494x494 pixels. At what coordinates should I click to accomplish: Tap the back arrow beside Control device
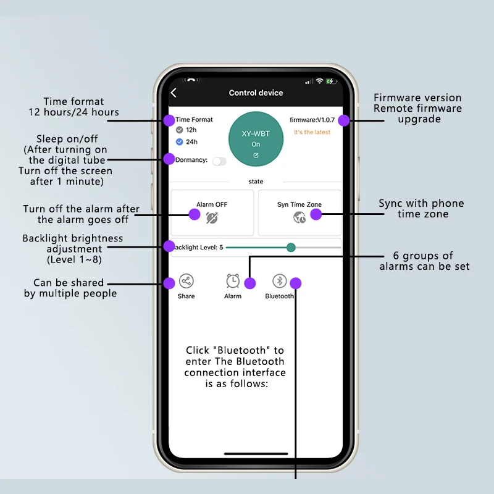pyautogui.click(x=174, y=93)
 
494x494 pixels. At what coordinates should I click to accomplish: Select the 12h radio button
pyautogui.click(x=179, y=130)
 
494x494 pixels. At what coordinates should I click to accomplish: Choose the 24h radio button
pyautogui.click(x=179, y=141)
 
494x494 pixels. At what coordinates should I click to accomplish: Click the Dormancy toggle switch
pyautogui.click(x=219, y=161)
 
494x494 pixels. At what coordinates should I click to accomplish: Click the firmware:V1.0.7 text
pyautogui.click(x=312, y=120)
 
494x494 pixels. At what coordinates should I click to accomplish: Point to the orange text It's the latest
pyautogui.click(x=312, y=132)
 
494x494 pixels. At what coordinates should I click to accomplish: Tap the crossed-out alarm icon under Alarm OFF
pyautogui.click(x=212, y=218)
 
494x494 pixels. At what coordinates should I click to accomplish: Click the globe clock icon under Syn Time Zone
pyautogui.click(x=299, y=218)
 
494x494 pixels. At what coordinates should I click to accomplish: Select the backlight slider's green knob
pyautogui.click(x=291, y=248)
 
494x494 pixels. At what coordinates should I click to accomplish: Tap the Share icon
pyautogui.click(x=186, y=282)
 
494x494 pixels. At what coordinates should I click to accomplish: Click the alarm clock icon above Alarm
pyautogui.click(x=233, y=282)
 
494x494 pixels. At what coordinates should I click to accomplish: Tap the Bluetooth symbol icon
pyautogui.click(x=280, y=282)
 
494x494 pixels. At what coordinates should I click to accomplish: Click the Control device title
pyautogui.click(x=256, y=93)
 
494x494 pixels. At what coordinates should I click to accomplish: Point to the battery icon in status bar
pyautogui.click(x=331, y=82)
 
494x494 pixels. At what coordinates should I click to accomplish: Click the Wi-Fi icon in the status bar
pyautogui.click(x=319, y=82)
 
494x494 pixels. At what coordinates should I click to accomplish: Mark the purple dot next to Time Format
pyautogui.click(x=169, y=120)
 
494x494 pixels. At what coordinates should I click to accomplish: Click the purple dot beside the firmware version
pyautogui.click(x=344, y=120)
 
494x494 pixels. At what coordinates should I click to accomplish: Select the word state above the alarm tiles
pyautogui.click(x=256, y=182)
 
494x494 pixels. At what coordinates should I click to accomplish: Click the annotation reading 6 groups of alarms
pyautogui.click(x=424, y=261)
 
